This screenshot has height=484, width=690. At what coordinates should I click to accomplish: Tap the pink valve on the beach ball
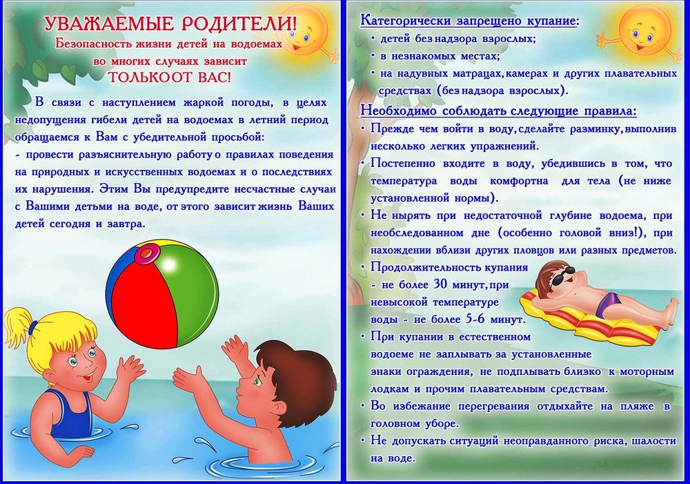[146, 253]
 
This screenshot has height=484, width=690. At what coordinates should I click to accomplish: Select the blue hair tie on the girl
[33, 328]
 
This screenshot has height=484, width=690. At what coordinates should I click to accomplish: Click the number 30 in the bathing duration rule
[440, 284]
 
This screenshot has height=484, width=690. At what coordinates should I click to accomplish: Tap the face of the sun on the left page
[304, 32]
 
